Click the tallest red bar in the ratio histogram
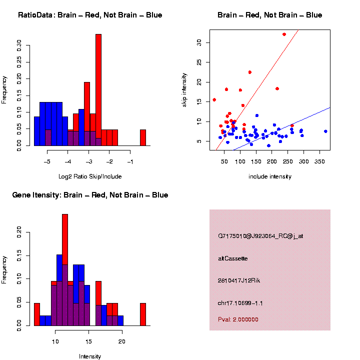[x=98, y=90]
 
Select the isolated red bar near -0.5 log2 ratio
[x=143, y=137]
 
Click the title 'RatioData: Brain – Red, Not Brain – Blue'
[x=90, y=15]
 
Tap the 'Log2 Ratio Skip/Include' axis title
[x=90, y=176]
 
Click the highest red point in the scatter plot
[x=284, y=34]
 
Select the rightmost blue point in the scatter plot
[x=325, y=131]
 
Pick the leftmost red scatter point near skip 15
[x=214, y=100]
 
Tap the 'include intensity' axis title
[x=270, y=176]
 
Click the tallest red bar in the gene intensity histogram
[x=65, y=270]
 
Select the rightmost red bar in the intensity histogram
[x=143, y=314]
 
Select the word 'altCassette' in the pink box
[x=233, y=258]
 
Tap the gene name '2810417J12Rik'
[x=239, y=280]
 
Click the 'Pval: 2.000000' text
[x=238, y=319]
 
